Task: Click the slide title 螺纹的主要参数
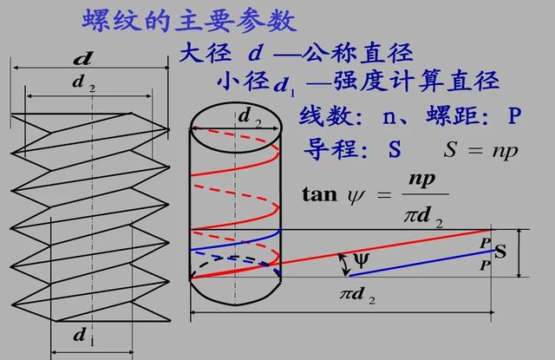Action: click(x=178, y=19)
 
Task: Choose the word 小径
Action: click(x=243, y=82)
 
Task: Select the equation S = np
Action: click(x=480, y=148)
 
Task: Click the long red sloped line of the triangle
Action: click(x=382, y=252)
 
